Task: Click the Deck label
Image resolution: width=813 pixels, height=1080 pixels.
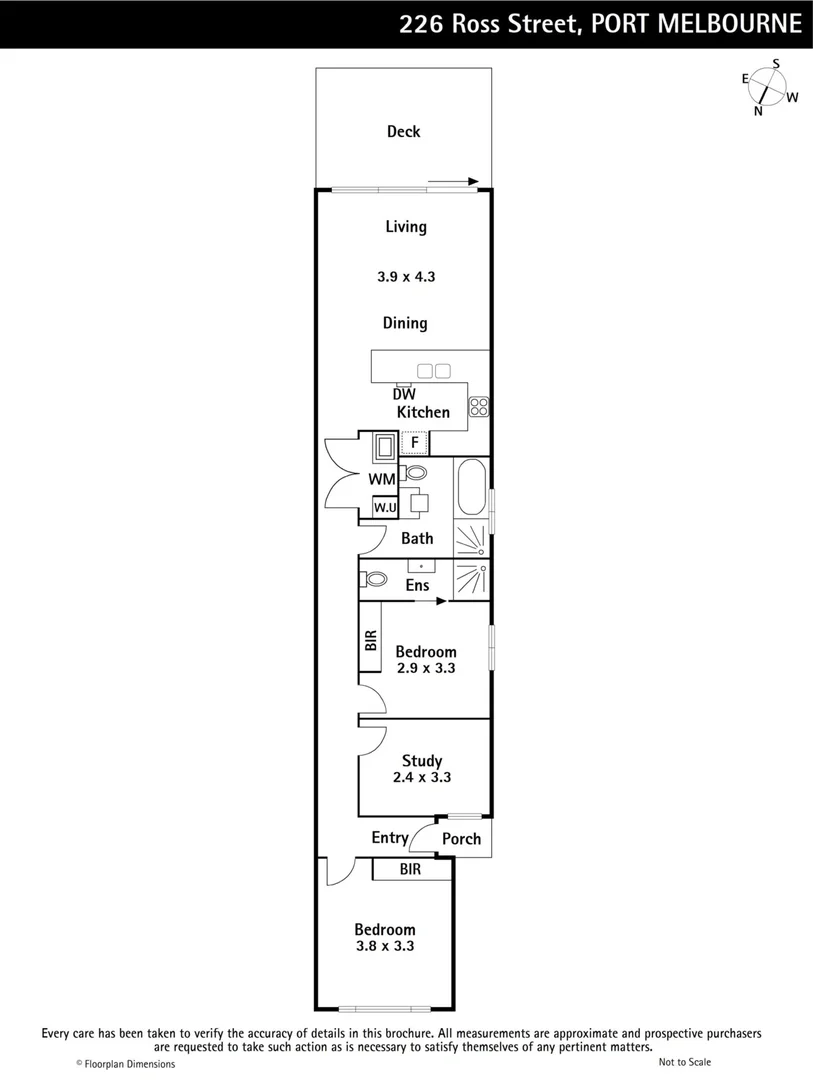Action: point(404,131)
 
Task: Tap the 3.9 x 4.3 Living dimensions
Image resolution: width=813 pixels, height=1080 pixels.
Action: point(406,276)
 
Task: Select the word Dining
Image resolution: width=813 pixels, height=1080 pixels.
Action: point(405,323)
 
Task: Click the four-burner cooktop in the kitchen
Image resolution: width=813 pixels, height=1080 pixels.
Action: point(479,406)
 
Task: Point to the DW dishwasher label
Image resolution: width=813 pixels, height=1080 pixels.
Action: point(403,394)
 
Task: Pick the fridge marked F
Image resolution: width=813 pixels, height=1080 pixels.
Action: point(414,442)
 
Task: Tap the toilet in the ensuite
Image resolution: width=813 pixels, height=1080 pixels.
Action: point(376,579)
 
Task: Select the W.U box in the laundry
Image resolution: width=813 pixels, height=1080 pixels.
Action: point(385,508)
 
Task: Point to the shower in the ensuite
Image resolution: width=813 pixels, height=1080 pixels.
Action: point(471,580)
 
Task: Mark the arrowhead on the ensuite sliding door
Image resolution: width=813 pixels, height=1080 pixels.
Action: point(441,601)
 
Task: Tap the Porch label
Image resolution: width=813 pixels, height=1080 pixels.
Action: point(461,839)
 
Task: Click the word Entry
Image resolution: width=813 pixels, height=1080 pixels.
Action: point(390,838)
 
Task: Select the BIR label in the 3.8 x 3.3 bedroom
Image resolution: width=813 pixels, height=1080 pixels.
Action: point(410,870)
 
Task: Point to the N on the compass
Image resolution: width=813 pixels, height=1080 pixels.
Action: point(758,110)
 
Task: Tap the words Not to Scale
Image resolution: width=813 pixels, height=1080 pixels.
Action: point(685,1062)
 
